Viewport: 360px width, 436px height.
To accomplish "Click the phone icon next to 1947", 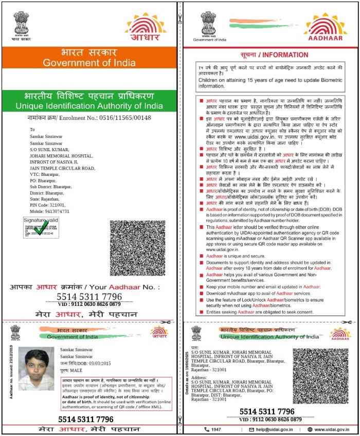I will (207, 429).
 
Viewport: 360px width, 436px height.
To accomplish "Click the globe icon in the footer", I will (310, 429).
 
